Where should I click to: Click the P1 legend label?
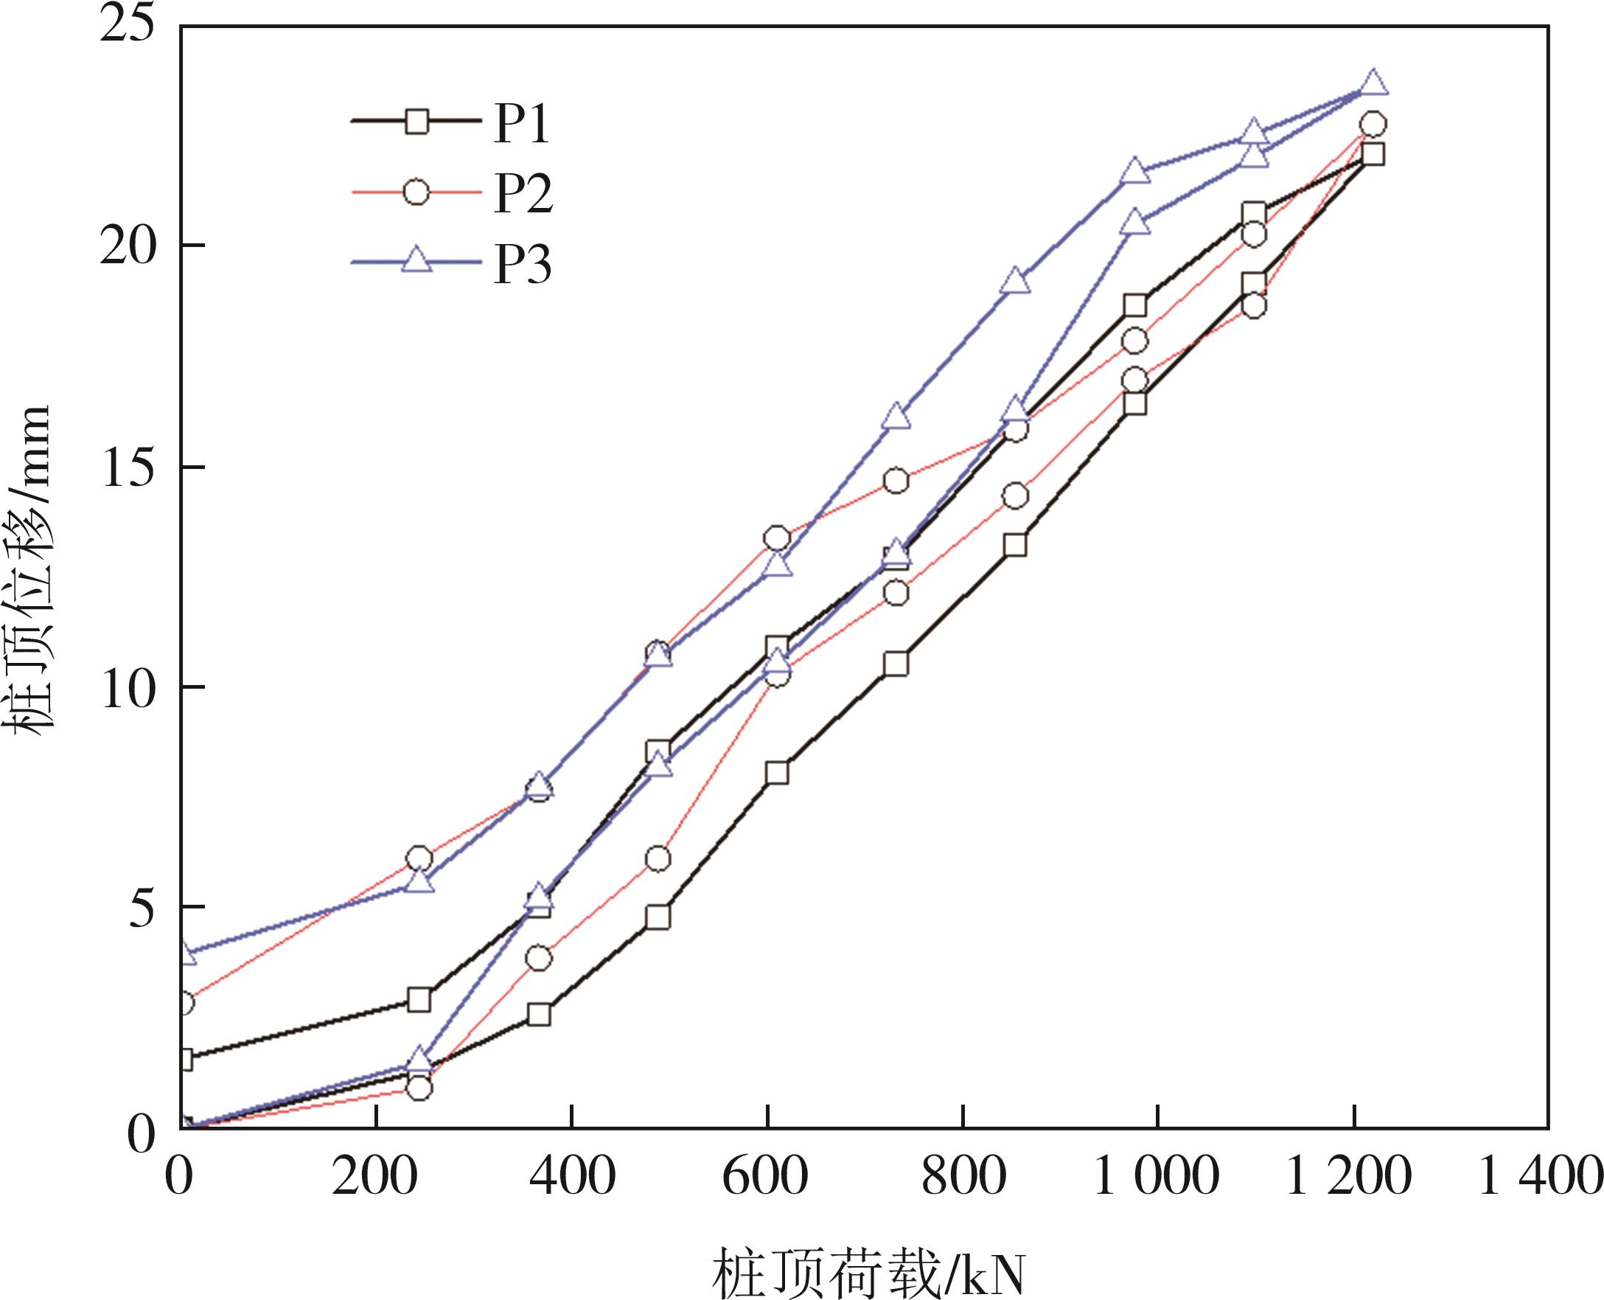tap(522, 124)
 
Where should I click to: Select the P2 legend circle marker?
tap(416, 192)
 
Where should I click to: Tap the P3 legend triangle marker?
tap(417, 260)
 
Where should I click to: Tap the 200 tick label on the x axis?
tap(374, 1176)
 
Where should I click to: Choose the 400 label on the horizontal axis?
tap(571, 1176)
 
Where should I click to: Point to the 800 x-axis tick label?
tap(963, 1176)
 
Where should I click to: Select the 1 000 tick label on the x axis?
tap(1157, 1176)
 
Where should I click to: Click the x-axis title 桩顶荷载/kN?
tap(868, 1270)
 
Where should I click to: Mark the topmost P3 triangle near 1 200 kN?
tap(1373, 84)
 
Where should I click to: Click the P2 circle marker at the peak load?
tap(1372, 125)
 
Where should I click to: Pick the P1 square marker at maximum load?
tap(1373, 154)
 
